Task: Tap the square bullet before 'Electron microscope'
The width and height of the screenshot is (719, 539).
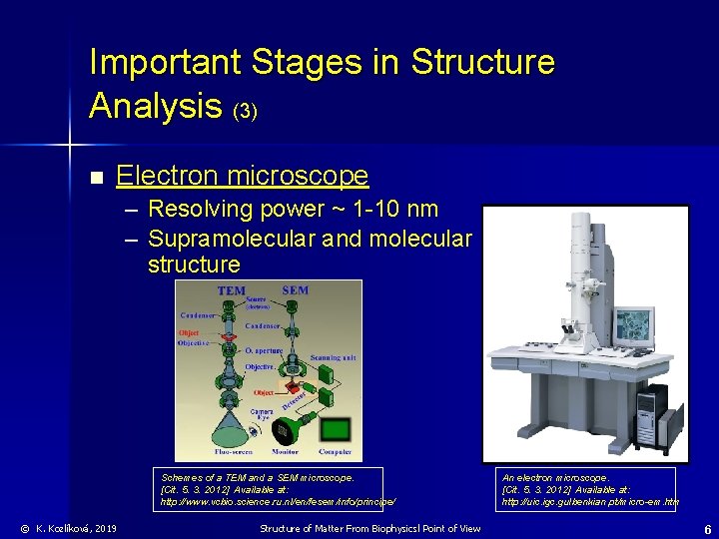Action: pyautogui.click(x=95, y=179)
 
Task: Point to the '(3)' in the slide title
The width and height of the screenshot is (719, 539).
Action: pyautogui.click(x=246, y=112)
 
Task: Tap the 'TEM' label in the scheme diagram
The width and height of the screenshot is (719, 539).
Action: pyautogui.click(x=232, y=290)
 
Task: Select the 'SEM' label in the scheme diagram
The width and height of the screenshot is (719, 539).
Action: pyautogui.click(x=296, y=290)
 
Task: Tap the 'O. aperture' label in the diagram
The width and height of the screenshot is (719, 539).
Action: pyautogui.click(x=265, y=350)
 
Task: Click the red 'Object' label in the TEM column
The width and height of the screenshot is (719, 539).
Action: pyautogui.click(x=190, y=332)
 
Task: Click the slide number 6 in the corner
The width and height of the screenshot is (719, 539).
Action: pyautogui.click(x=707, y=529)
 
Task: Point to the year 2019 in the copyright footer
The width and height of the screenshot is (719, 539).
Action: pyautogui.click(x=104, y=528)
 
